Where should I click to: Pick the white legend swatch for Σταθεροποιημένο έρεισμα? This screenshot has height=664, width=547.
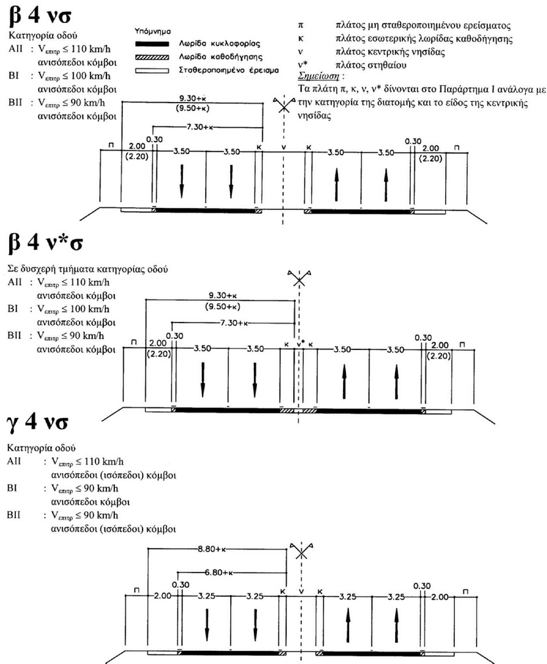click(x=150, y=68)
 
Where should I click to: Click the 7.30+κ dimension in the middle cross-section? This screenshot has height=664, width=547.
click(x=235, y=323)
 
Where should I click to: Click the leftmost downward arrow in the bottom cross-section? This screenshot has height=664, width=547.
click(x=206, y=625)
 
